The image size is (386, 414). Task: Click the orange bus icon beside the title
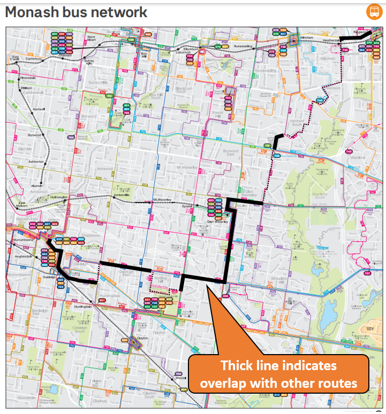373,12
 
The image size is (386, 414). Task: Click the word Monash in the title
33,12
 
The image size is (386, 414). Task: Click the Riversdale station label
27,78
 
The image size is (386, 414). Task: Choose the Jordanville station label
122,196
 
